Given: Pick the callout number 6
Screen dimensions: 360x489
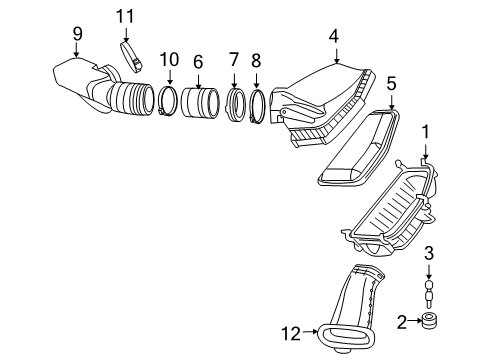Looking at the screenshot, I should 198,62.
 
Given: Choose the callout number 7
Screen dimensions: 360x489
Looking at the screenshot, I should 234,62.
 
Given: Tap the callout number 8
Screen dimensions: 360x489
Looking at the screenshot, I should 256,62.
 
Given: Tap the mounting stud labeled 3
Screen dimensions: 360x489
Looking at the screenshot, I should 428,293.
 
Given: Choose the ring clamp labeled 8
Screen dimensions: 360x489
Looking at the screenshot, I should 257,106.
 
